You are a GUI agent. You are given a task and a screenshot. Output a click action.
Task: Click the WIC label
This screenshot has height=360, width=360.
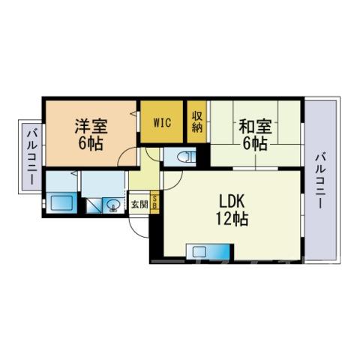tap(162, 122)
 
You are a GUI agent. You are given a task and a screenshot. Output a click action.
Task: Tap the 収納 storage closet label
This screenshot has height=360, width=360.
tap(197, 121)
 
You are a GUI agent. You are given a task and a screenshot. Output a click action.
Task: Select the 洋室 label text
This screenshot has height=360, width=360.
tap(91, 127)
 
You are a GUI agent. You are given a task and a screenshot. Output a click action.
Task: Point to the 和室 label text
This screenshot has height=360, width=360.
tap(255, 127)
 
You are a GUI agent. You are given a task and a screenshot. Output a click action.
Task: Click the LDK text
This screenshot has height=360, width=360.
tap(232, 201)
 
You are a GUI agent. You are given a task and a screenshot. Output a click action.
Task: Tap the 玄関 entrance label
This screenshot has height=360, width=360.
tap(139, 205)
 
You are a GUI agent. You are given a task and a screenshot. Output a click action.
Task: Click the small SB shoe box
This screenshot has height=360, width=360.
tap(154, 202)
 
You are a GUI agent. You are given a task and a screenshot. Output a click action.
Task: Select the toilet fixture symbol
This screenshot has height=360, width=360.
tap(185, 157)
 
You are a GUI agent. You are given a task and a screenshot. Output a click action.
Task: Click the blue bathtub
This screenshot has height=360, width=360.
tap(61, 202)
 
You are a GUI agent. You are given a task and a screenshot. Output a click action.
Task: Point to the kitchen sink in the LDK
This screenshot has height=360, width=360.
tap(199, 251)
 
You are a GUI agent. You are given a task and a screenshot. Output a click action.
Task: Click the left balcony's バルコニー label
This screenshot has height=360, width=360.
tap(32, 156)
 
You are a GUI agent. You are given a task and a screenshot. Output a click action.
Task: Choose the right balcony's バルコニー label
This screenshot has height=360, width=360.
tap(320, 181)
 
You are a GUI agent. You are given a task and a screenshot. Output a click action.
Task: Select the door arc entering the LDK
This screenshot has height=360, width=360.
tap(176, 184)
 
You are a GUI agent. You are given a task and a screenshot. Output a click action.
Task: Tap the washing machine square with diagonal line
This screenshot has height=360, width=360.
tap(94, 205)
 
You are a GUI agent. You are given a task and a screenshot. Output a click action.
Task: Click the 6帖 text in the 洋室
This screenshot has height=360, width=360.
tap(91, 143)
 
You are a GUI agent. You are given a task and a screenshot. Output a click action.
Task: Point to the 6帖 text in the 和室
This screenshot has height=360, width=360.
tap(255, 144)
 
